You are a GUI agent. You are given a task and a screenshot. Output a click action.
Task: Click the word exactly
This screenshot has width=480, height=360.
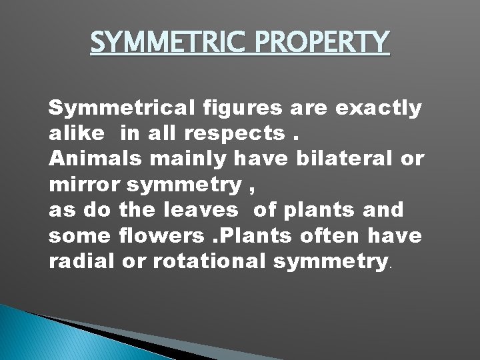coord(379,107)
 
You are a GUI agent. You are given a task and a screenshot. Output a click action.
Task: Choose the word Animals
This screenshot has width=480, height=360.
coord(88,158)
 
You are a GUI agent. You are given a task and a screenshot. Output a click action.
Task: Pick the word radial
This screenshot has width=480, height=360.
coord(81,260)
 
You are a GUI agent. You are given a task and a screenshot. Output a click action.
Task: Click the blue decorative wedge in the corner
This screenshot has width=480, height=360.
coord(40,337)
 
